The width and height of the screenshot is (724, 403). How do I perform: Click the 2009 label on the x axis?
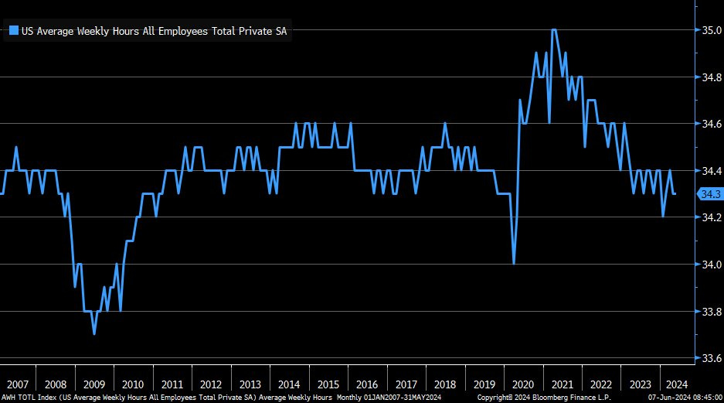click(x=93, y=384)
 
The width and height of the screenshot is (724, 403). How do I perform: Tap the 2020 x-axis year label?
click(x=523, y=384)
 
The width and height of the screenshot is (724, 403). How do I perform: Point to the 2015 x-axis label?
click(x=328, y=384)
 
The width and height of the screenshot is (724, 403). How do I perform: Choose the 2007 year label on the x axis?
click(x=17, y=384)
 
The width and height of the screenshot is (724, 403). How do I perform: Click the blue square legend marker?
click(x=13, y=30)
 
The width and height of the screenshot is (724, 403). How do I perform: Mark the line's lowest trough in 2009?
click(x=94, y=333)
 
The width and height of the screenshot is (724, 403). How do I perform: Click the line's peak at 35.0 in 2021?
click(x=554, y=30)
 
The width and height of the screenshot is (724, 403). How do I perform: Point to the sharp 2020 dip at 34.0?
click(x=514, y=264)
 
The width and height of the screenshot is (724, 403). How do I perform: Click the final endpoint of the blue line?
click(x=675, y=193)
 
